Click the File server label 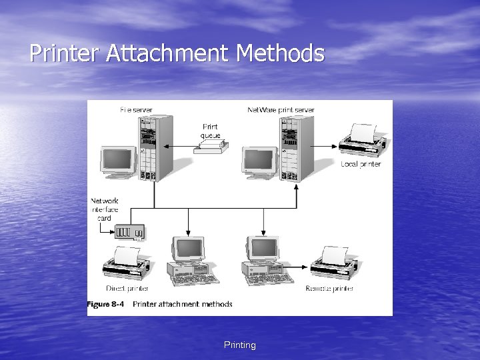[x=136, y=109]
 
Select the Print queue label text [x=210, y=131]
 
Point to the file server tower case [x=156, y=148]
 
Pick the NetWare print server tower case [x=297, y=148]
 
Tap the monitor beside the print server [x=259, y=162]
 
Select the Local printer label [x=361, y=164]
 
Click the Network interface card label [x=105, y=209]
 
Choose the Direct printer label [x=127, y=289]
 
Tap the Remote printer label [x=329, y=289]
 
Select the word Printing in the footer [x=240, y=345]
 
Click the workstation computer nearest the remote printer [x=264, y=260]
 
